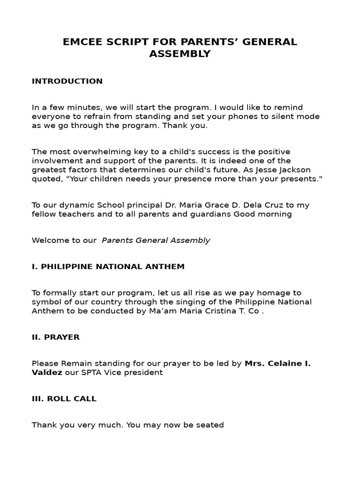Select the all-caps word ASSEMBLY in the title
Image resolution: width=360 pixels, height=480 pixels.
tap(180, 54)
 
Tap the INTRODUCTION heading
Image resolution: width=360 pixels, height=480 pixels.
tap(67, 81)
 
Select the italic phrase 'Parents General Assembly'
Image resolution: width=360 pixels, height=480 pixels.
tap(156, 240)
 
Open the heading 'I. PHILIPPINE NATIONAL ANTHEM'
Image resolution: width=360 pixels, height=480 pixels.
tap(108, 267)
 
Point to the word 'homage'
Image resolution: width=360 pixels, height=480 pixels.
tap(281, 293)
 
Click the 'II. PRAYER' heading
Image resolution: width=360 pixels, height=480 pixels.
tap(55, 337)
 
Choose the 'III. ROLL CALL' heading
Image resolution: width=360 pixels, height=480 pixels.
tap(64, 399)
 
